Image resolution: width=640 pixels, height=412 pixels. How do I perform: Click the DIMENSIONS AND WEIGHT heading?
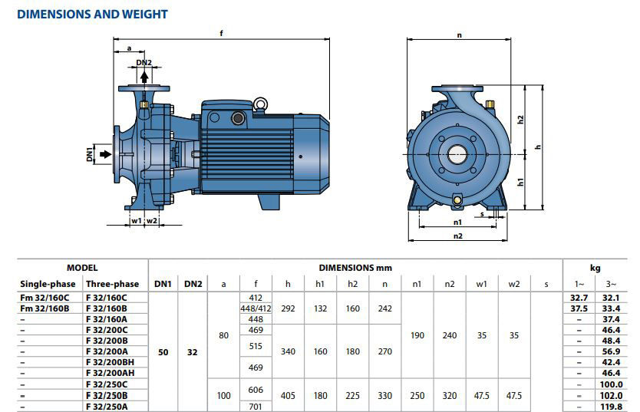[92, 15]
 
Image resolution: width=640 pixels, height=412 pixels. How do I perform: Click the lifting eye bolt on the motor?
[260, 104]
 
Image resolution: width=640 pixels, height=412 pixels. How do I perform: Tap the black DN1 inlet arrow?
[106, 154]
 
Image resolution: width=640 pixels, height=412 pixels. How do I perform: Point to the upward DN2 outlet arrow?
[144, 77]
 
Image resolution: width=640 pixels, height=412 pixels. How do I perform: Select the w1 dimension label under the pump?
[137, 221]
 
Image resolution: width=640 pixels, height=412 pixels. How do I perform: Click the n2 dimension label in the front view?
[458, 236]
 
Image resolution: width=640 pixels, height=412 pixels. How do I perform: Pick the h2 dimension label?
[520, 119]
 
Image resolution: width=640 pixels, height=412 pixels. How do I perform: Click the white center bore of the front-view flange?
[457, 155]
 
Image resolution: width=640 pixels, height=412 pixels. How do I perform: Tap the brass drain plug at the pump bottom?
[457, 200]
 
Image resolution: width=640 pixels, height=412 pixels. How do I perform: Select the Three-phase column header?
[112, 284]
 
